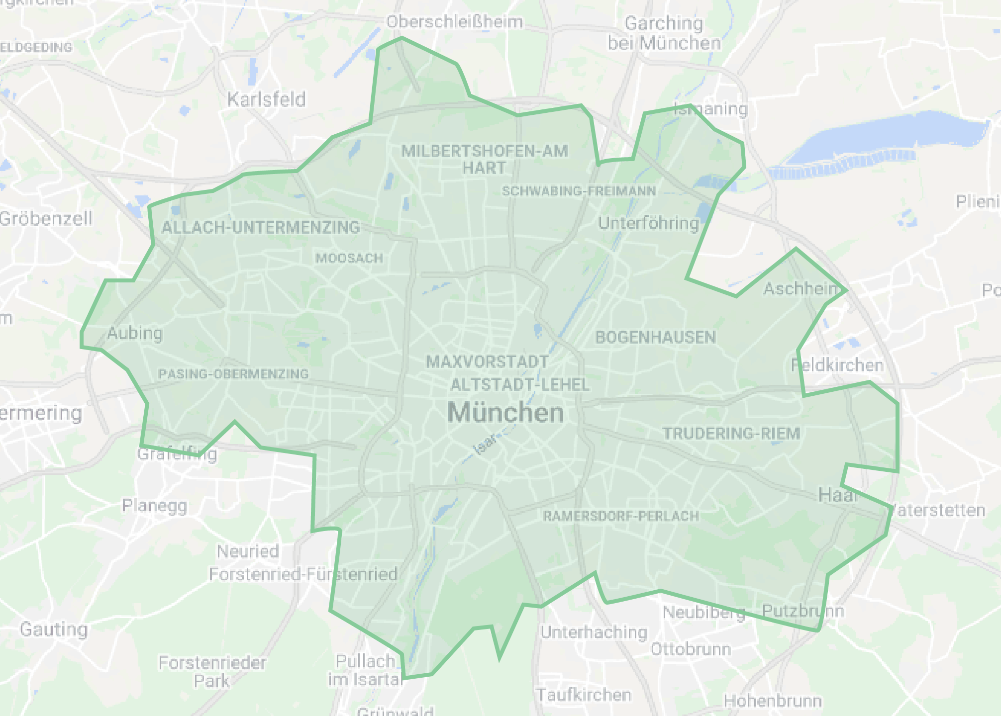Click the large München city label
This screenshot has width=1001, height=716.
[x=505, y=413]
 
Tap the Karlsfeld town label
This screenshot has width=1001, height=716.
[x=266, y=99]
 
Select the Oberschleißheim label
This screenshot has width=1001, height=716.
[x=454, y=22]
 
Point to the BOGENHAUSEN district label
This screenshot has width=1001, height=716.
[x=655, y=338]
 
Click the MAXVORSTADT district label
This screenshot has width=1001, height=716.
[x=487, y=361]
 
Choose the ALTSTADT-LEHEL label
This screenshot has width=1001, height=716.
[x=520, y=384]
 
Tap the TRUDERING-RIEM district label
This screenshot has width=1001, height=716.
[x=731, y=434]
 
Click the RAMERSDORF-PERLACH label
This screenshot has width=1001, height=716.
[x=621, y=516]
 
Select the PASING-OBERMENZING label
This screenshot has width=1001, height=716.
[x=233, y=374]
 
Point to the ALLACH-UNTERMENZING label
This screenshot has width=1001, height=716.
[x=261, y=227]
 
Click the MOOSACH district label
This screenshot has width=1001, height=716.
[x=349, y=258]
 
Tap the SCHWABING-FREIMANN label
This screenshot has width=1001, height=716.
[x=579, y=191]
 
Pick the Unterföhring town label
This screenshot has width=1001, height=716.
[x=648, y=223]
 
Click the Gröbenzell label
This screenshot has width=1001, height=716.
[x=46, y=218]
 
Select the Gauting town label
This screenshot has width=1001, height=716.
[x=54, y=629]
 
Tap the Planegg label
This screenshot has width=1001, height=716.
[x=155, y=506]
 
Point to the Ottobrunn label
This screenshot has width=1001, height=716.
[x=691, y=649]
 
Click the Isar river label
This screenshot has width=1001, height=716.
[x=486, y=444]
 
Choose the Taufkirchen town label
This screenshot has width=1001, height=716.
[x=583, y=695]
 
